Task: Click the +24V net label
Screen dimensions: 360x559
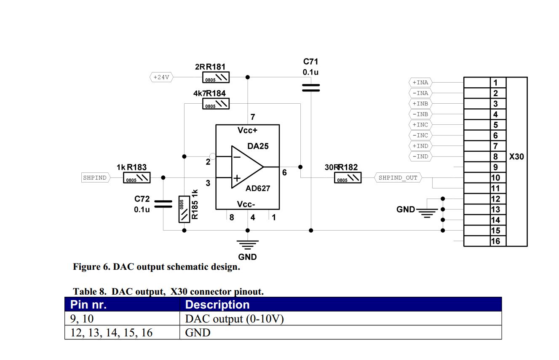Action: (x=161, y=77)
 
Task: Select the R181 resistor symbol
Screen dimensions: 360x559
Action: (x=217, y=77)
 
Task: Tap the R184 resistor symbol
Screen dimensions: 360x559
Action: (x=216, y=104)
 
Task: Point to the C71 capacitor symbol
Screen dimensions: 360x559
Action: (x=311, y=88)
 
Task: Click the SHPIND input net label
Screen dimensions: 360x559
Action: (x=95, y=177)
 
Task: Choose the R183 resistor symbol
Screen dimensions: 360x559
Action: (x=137, y=177)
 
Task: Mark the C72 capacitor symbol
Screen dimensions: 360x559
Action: (x=163, y=204)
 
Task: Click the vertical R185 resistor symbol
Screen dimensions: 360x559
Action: (x=184, y=209)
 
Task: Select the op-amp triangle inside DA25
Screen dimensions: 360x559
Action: (x=247, y=167)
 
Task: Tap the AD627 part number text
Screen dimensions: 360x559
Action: (x=258, y=188)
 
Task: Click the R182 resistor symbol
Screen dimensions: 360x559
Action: (x=348, y=177)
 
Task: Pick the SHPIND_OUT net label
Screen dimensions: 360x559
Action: (x=398, y=177)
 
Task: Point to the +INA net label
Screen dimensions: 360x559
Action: (x=420, y=83)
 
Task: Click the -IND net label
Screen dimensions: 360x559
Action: (x=420, y=156)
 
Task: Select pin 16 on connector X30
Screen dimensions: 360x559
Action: (x=496, y=241)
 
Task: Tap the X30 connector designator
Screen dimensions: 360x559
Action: (x=516, y=157)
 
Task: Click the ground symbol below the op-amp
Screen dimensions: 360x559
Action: (x=247, y=243)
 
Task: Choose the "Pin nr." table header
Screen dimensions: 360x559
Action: (x=88, y=304)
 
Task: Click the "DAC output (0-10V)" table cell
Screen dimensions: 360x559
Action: (x=234, y=319)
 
